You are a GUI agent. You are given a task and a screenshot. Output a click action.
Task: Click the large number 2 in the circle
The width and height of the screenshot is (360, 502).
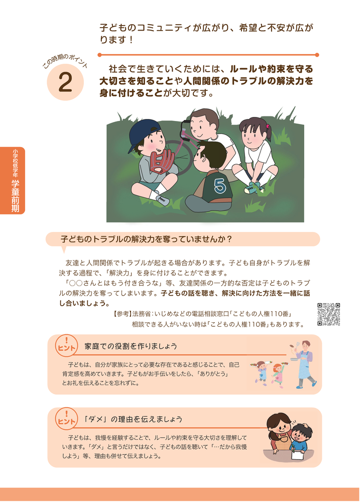coord(65,83)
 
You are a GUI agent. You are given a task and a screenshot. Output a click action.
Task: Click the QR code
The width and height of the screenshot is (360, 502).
coord(328,314)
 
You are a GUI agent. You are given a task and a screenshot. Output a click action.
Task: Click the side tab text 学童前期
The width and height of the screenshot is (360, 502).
coord(15,196)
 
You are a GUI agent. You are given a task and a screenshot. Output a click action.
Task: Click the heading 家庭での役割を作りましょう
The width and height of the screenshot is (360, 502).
coord(131,346)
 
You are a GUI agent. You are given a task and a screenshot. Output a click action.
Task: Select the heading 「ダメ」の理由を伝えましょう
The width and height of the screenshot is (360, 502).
coord(133,419)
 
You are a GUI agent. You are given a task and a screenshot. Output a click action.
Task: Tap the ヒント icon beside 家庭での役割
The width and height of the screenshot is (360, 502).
coord(66,345)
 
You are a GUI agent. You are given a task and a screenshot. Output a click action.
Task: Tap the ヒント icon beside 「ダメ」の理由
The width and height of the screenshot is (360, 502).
coord(66,419)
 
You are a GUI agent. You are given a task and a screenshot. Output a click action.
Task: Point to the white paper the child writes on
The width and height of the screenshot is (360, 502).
coord(298,455)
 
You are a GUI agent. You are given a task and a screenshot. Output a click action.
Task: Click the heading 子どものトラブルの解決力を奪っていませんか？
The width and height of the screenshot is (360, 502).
coord(146,239)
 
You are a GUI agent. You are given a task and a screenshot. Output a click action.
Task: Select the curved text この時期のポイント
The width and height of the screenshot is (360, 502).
coord(65,61)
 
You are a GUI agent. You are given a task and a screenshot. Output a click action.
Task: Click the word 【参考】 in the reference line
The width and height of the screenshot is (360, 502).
coord(122,314)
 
